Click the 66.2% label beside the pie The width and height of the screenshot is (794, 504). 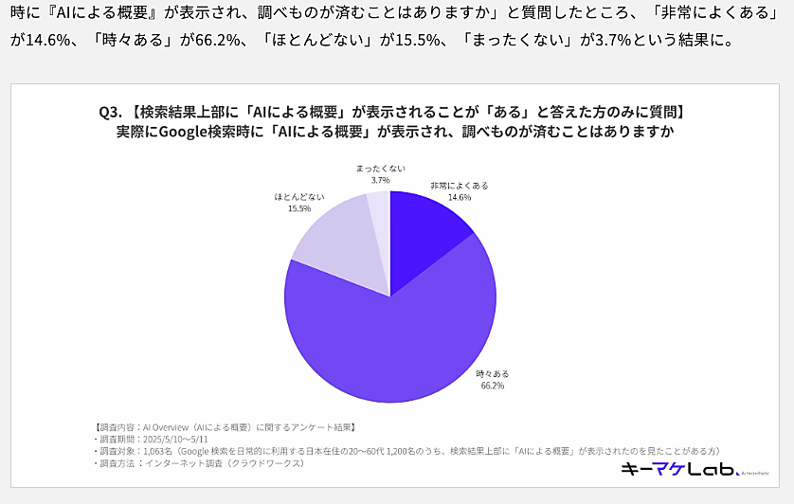click(492, 386)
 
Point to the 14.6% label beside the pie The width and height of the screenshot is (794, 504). click(460, 197)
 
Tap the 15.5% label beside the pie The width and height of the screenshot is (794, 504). click(300, 207)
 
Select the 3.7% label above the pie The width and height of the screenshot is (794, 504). click(381, 179)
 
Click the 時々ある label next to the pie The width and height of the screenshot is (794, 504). click(492, 374)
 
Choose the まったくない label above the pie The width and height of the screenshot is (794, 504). click(381, 168)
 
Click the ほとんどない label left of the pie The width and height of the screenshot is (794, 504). click(300, 196)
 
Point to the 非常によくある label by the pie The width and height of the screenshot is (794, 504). click(460, 186)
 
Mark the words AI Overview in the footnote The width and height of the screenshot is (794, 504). click(165, 428)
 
